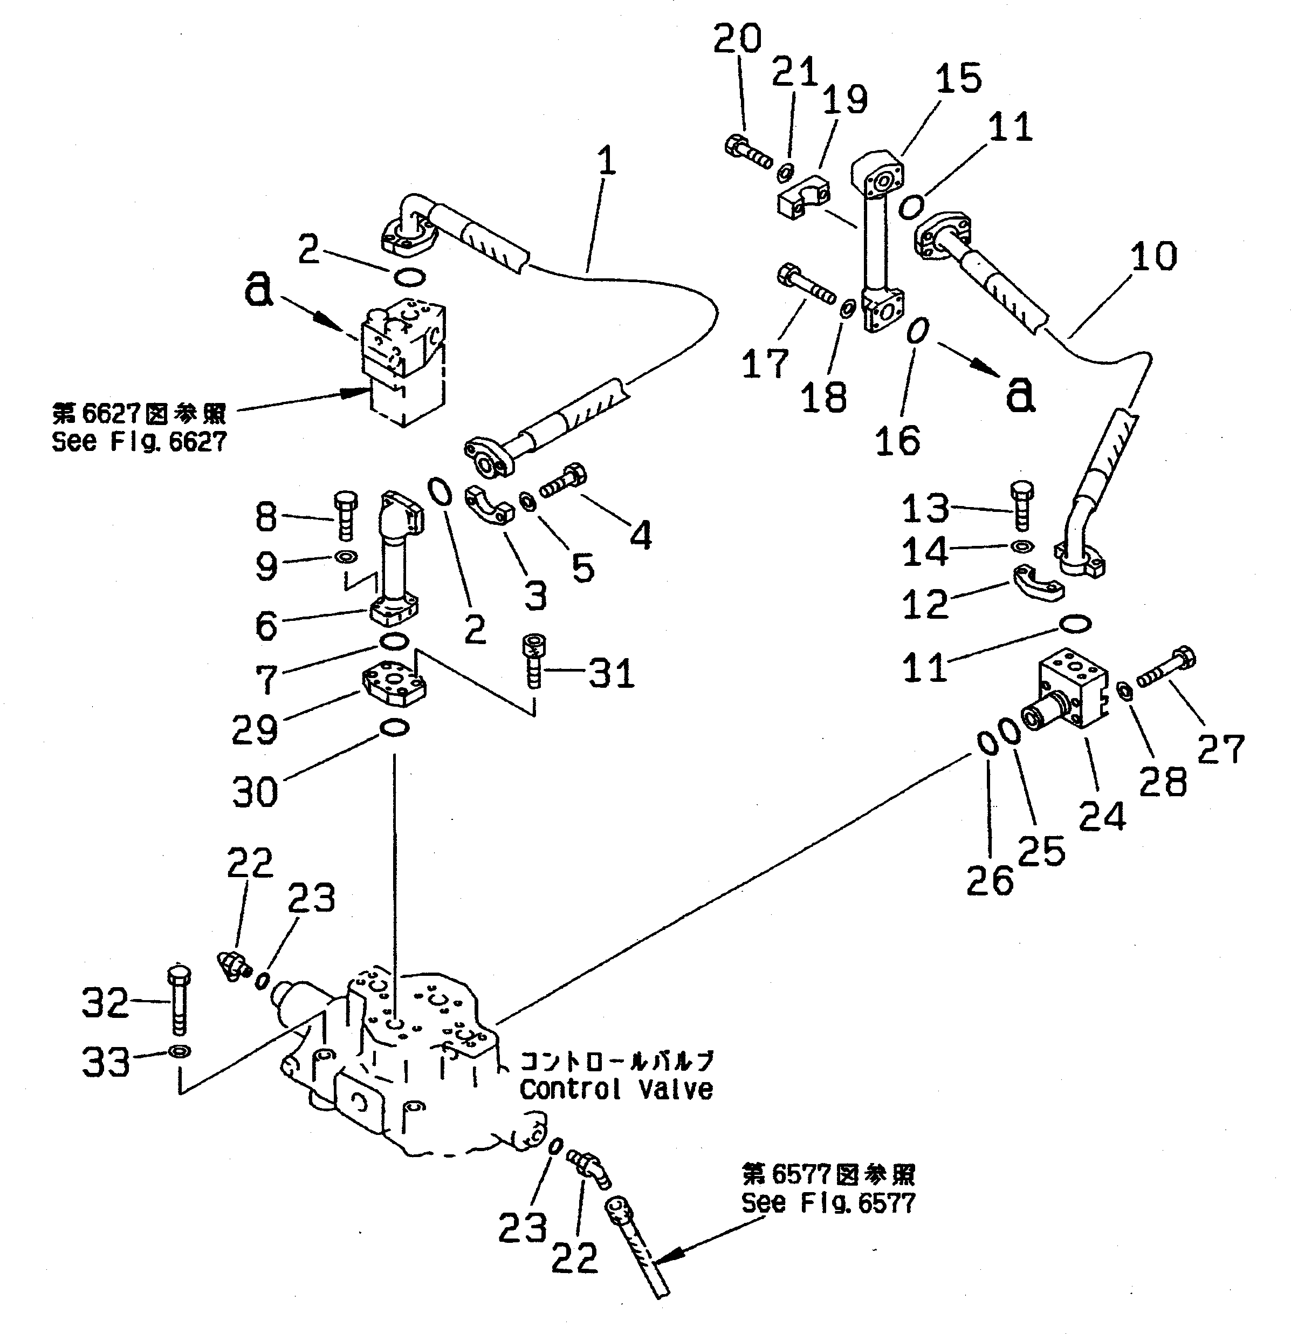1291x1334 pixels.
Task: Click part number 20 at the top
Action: point(737,39)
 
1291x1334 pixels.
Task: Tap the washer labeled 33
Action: point(180,1051)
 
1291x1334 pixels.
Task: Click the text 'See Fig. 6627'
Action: point(140,442)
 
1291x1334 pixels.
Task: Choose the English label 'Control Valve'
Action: point(616,1090)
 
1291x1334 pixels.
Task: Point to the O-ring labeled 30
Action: point(394,729)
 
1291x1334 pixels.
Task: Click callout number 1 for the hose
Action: point(606,162)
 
